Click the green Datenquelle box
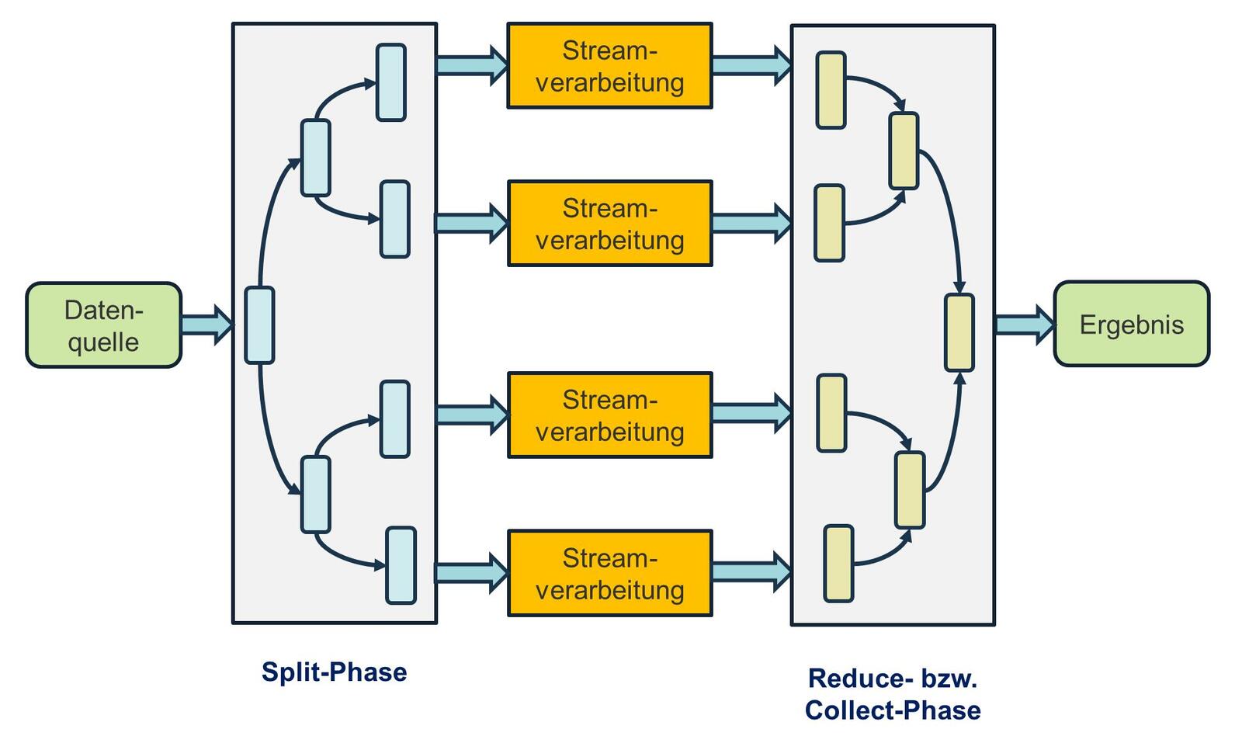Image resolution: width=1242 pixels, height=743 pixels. (103, 325)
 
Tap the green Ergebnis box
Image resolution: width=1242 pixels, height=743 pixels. (1131, 324)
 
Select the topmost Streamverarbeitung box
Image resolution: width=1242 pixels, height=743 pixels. (609, 66)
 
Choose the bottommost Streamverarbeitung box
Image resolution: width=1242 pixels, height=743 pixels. (609, 574)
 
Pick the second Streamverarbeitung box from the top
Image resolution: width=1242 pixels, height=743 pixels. (609, 224)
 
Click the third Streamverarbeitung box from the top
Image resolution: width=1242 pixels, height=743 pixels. (609, 415)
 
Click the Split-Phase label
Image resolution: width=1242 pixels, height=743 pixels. (334, 672)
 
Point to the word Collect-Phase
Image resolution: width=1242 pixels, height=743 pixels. (893, 710)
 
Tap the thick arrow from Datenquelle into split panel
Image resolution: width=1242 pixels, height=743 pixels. (206, 324)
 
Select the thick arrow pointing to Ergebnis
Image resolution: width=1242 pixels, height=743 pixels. (1024, 325)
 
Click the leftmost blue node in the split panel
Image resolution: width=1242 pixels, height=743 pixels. (259, 325)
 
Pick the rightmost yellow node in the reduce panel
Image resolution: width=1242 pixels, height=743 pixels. (959, 332)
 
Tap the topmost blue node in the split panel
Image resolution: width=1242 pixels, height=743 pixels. (391, 82)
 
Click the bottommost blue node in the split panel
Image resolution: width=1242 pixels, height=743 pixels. (401, 565)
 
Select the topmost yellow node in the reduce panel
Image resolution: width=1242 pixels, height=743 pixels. (831, 90)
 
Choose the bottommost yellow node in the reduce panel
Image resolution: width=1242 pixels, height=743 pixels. (838, 564)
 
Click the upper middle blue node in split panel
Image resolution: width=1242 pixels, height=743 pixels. (316, 158)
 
